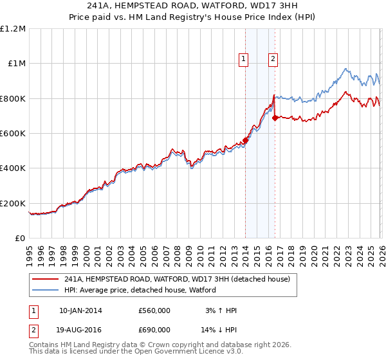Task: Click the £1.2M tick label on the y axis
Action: pos(13,29)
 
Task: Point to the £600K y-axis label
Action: pos(13,134)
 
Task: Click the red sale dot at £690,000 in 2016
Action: pos(275,118)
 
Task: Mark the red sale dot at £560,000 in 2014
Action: pos(245,141)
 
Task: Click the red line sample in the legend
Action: pos(46,279)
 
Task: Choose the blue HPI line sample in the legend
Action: pos(46,290)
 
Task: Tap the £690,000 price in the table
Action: pos(154,329)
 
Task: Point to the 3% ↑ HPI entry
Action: pos(219,310)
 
